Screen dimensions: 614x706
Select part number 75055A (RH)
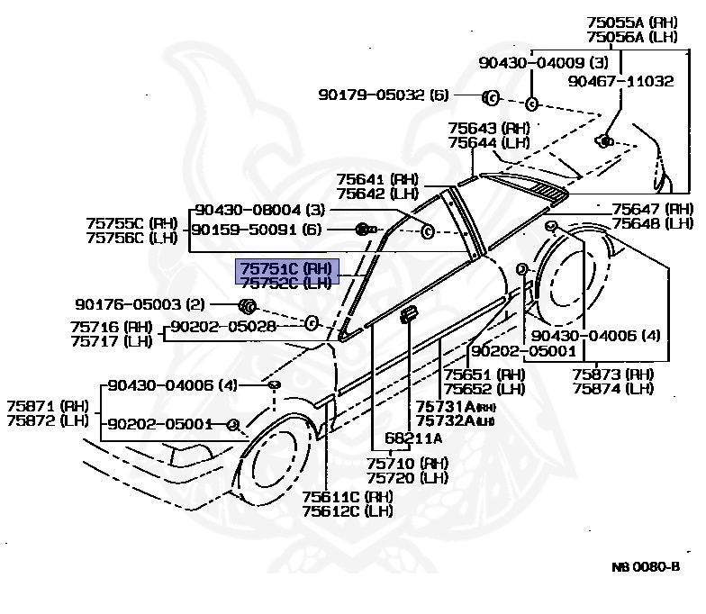(x=631, y=23)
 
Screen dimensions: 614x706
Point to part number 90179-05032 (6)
(x=383, y=95)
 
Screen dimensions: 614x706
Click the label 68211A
(x=413, y=438)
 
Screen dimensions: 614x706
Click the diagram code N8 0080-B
(x=644, y=567)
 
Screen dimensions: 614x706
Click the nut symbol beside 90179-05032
(x=491, y=96)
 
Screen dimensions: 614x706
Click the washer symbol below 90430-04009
(x=531, y=103)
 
